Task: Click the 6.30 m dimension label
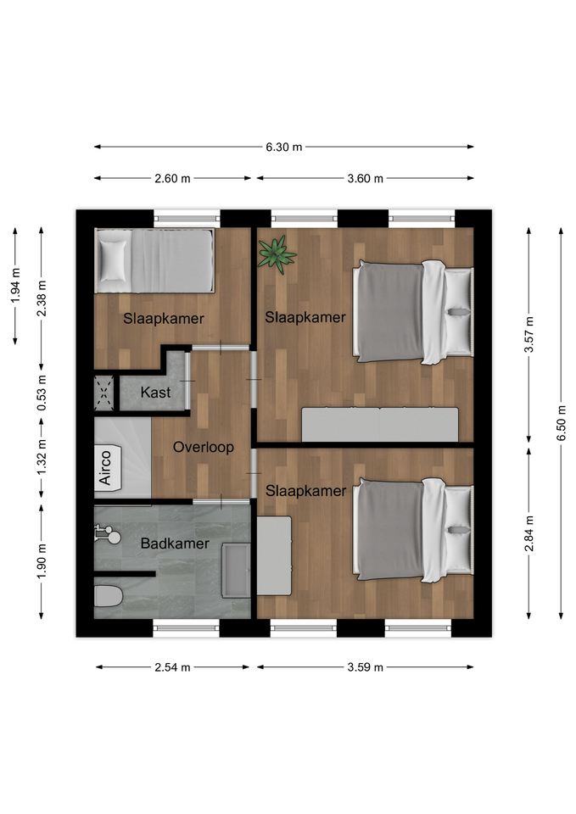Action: coord(283,147)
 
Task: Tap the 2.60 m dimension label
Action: coord(172,179)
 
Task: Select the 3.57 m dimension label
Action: coord(528,334)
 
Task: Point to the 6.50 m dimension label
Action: coord(561,423)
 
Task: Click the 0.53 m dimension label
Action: coord(42,393)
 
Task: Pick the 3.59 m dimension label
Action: coord(365,667)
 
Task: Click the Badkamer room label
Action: coord(175,544)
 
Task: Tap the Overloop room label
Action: coord(203,447)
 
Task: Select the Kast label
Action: coord(155,392)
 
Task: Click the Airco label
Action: coord(105,468)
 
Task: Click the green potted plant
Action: coord(277,254)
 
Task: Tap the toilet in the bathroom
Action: coord(108,596)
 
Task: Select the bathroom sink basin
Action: coord(237,570)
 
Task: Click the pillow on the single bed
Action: coord(113,260)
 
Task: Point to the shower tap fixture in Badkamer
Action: coord(108,533)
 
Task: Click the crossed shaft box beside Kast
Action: coord(103,393)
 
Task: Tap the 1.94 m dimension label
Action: coord(15,286)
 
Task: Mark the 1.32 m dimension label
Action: coord(42,457)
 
